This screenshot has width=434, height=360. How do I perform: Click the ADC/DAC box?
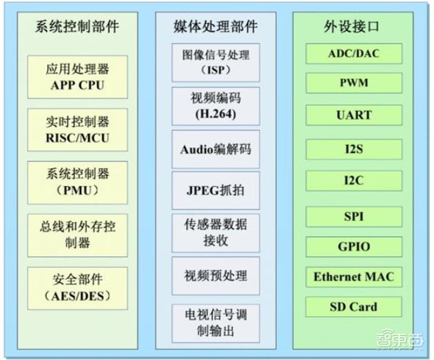354,54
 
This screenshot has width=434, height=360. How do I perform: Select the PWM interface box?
354,83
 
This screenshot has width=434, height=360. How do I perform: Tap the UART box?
354,115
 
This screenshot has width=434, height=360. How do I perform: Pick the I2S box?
354,149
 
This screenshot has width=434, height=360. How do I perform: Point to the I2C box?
354,180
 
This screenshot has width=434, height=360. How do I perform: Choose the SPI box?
354,217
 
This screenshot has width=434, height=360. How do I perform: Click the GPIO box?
354,247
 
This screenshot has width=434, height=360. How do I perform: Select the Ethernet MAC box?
354,277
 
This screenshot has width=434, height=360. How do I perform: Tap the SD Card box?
354,307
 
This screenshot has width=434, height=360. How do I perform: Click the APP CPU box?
77,77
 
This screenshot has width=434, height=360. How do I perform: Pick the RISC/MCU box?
77,129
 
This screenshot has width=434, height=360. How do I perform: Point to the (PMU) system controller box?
77,182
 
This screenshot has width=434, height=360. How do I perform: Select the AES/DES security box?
77,288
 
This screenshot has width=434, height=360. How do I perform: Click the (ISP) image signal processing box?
215,62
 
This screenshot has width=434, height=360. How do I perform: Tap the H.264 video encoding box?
215,106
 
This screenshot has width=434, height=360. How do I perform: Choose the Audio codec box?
215,149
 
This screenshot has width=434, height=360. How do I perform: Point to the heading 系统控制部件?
77,26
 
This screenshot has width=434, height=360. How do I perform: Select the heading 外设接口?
354,26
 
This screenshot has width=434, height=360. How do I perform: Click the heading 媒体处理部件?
215,26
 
